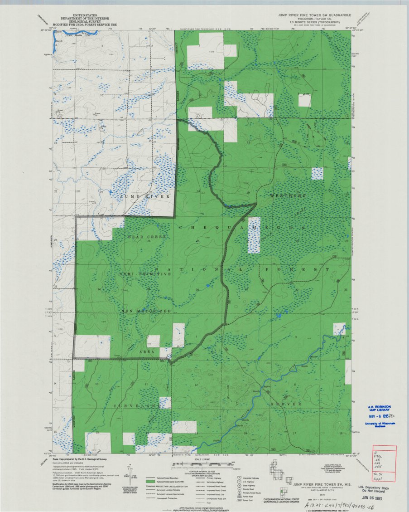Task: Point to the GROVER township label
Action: (286, 403)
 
